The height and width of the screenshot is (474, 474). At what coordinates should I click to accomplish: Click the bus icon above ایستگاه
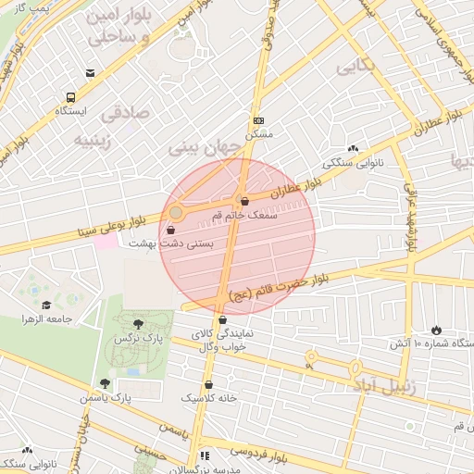(x=71, y=97)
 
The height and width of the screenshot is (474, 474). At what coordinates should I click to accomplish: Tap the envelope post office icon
(x=90, y=73)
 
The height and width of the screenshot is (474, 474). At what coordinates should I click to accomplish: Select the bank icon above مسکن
(x=258, y=120)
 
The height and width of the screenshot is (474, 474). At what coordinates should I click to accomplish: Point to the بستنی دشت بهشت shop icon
(x=170, y=230)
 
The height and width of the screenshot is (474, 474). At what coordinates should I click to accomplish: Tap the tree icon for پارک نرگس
(x=138, y=324)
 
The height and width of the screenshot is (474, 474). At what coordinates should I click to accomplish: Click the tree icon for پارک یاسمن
(x=105, y=383)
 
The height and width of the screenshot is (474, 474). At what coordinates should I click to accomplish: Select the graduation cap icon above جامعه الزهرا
(x=46, y=306)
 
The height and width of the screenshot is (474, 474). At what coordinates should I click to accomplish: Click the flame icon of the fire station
(x=436, y=330)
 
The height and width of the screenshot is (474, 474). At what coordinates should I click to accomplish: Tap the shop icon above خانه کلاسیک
(x=208, y=384)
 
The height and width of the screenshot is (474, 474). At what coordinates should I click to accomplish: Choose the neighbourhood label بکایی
(x=356, y=67)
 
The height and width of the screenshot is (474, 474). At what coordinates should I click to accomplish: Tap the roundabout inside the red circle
(x=176, y=213)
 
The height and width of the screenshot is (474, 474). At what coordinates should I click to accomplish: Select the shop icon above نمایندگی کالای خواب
(x=222, y=320)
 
